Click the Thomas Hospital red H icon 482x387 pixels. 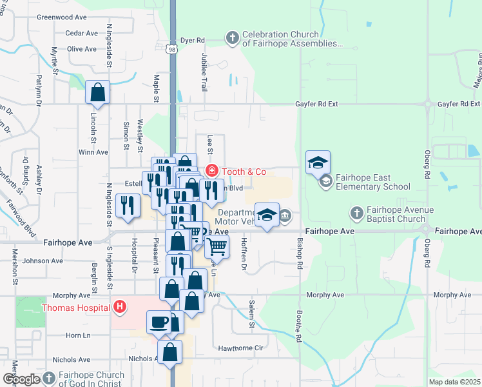tap(119, 308)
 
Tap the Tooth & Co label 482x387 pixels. tap(243, 172)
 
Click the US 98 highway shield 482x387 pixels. tap(171, 48)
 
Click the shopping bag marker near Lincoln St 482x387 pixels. tap(98, 94)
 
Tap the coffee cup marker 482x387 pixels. tap(158, 321)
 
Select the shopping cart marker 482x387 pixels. tap(217, 246)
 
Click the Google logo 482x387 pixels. tap(21, 379)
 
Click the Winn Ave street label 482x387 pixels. tap(93, 152)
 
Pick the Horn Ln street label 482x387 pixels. tap(77, 335)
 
